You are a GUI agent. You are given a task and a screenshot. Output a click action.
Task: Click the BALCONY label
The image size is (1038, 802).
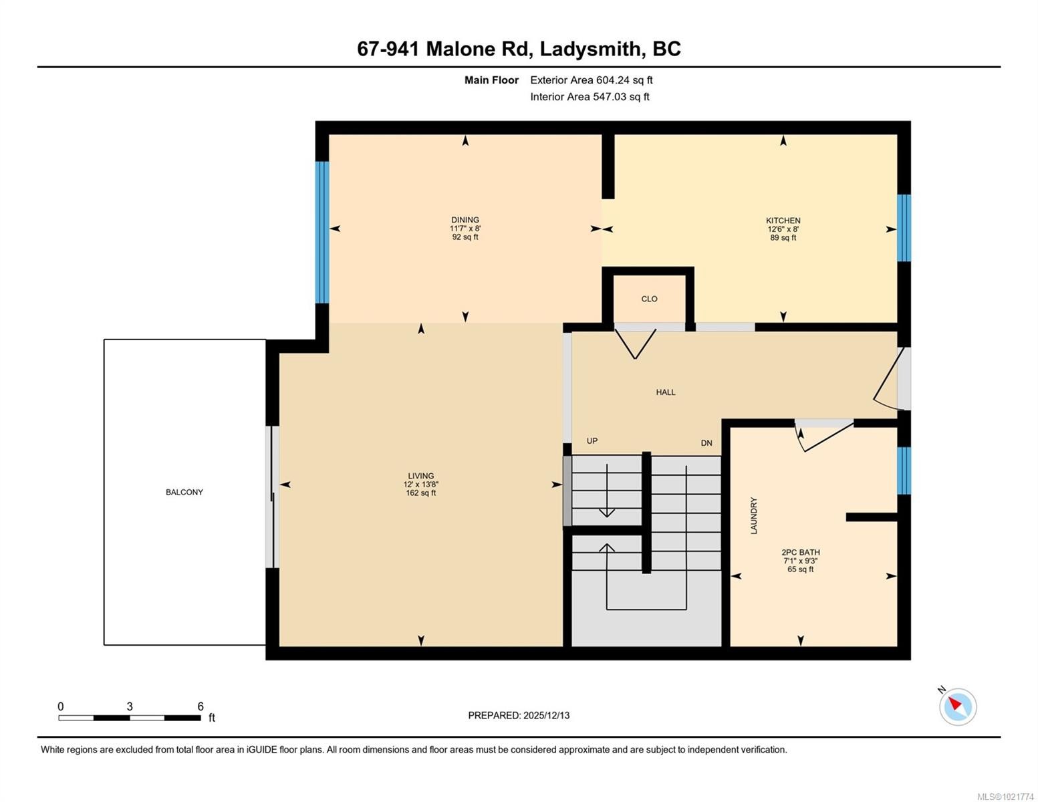pos(184,492)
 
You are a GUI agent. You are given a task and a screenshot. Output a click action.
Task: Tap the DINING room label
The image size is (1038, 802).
pos(465,220)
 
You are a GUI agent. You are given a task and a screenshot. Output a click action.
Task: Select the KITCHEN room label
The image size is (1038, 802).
pos(783,221)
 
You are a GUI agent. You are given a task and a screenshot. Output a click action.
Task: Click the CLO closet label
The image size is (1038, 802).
pos(649,299)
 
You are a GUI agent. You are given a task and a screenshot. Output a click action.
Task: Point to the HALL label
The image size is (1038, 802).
pos(665,392)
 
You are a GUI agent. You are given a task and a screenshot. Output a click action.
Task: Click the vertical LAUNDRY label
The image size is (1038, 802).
pos(754,515)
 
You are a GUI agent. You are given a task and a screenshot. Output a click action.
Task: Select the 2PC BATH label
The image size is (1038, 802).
pos(800,552)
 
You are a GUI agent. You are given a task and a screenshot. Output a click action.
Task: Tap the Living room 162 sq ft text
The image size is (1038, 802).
pos(420,493)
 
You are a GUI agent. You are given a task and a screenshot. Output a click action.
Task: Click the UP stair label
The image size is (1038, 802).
pos(592,441)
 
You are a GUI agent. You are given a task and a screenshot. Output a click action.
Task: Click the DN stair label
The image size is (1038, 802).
pos(706,443)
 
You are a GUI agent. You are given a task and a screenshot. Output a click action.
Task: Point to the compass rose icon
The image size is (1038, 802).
pos(957,706)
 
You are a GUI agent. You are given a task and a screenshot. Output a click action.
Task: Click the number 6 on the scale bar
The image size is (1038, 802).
pos(200,706)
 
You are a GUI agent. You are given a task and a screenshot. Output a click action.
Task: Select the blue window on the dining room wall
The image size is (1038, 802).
pos(322,232)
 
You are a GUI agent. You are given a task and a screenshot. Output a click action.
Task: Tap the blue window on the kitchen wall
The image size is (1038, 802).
pos(904,227)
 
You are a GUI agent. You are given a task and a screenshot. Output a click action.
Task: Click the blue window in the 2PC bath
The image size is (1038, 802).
pos(904,471)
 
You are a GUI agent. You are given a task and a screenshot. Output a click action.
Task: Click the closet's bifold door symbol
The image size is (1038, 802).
pos(635,344)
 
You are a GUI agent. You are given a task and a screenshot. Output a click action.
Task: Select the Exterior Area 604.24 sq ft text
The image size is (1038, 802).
pos(591,80)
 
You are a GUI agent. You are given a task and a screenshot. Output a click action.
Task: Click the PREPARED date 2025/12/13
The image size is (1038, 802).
pos(546,715)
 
